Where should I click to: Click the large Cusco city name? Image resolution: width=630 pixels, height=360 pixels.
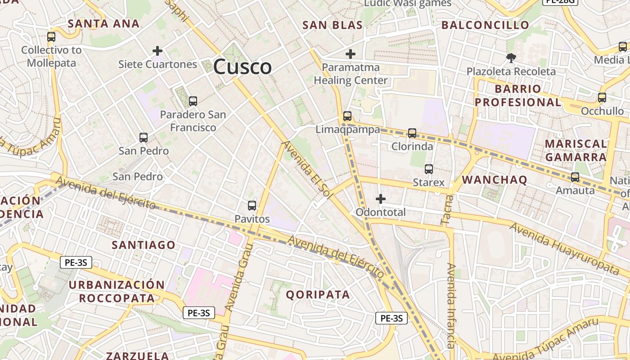(243, 67)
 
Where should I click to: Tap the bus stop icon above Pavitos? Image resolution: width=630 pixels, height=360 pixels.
(252, 206)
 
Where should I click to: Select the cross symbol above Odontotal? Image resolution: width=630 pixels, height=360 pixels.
(381, 198)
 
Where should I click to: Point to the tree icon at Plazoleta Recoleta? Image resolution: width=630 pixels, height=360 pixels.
(511, 58)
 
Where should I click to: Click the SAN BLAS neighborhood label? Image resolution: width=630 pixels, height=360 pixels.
(333, 25)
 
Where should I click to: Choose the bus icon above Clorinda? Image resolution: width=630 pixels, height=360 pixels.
(412, 133)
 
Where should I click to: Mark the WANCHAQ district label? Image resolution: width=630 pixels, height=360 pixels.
(495, 180)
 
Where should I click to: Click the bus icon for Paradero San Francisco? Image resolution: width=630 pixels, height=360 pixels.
(193, 101)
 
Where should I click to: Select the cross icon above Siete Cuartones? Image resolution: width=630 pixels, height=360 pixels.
(157, 51)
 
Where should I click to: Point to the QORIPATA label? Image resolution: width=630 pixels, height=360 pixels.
(318, 295)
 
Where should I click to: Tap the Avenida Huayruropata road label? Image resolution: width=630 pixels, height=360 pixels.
(564, 248)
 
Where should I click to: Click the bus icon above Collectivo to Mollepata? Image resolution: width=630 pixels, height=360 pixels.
(51, 37)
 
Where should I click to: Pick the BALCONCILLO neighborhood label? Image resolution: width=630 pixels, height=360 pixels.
(485, 25)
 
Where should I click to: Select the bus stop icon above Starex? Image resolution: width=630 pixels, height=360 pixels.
(429, 169)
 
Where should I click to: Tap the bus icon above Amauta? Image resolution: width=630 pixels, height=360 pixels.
(575, 177)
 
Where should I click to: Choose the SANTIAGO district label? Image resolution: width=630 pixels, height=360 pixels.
(144, 245)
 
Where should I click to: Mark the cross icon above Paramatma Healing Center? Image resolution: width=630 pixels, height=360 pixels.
(351, 54)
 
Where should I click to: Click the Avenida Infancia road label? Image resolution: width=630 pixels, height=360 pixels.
(451, 306)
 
